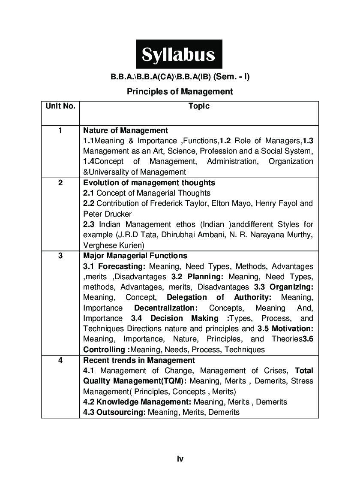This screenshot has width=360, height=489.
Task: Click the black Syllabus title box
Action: [x=179, y=54]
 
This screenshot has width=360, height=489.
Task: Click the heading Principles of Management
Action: [x=180, y=91]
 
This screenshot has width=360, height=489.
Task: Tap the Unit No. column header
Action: [x=60, y=106]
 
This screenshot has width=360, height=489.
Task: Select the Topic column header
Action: [x=199, y=106]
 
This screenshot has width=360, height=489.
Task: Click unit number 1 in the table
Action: [x=60, y=130]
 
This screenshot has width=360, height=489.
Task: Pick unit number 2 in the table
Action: [x=60, y=183]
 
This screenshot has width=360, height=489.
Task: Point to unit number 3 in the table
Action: [x=60, y=256]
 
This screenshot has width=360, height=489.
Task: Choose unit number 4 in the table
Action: [x=60, y=360]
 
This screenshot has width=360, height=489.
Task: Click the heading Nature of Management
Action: [x=126, y=130]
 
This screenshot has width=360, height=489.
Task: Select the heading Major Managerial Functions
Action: [x=135, y=256]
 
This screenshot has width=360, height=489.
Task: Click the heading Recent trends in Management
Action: [x=139, y=360]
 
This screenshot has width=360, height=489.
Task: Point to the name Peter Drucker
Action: [x=108, y=214]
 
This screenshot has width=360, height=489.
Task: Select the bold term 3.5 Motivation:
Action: [x=285, y=329]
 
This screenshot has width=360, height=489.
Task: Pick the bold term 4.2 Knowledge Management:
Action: [x=137, y=402]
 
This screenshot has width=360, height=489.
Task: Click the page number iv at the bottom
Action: [x=180, y=459]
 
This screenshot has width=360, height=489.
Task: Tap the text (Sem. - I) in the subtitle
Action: [x=231, y=77]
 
